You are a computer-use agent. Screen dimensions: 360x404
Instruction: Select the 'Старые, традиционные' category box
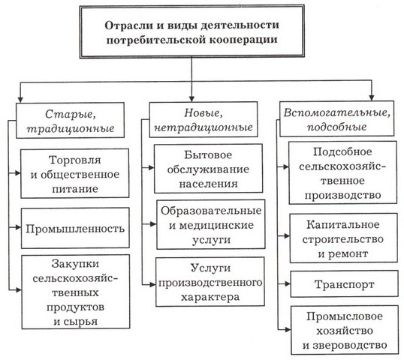click(71, 119)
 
